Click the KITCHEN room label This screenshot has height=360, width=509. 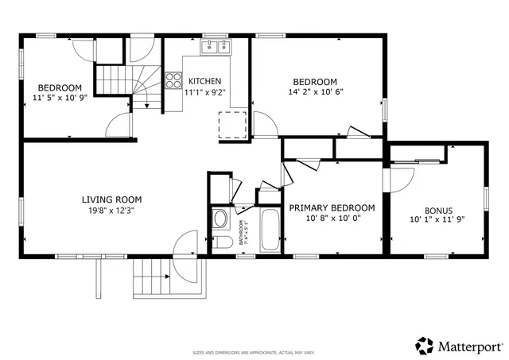click(204, 81)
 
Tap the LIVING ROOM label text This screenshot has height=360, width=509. click(111, 199)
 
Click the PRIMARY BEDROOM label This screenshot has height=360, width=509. click(331, 207)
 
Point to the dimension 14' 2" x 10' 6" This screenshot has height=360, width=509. click(315, 91)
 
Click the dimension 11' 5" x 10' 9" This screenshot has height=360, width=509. click(60, 97)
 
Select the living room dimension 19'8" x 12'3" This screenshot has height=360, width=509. click(111, 210)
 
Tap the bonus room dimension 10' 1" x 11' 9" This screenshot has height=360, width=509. click(437, 219)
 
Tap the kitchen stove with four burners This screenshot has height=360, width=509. click(173, 80)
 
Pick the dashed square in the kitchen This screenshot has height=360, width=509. click(233, 125)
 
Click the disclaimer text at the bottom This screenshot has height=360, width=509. click(254, 352)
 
